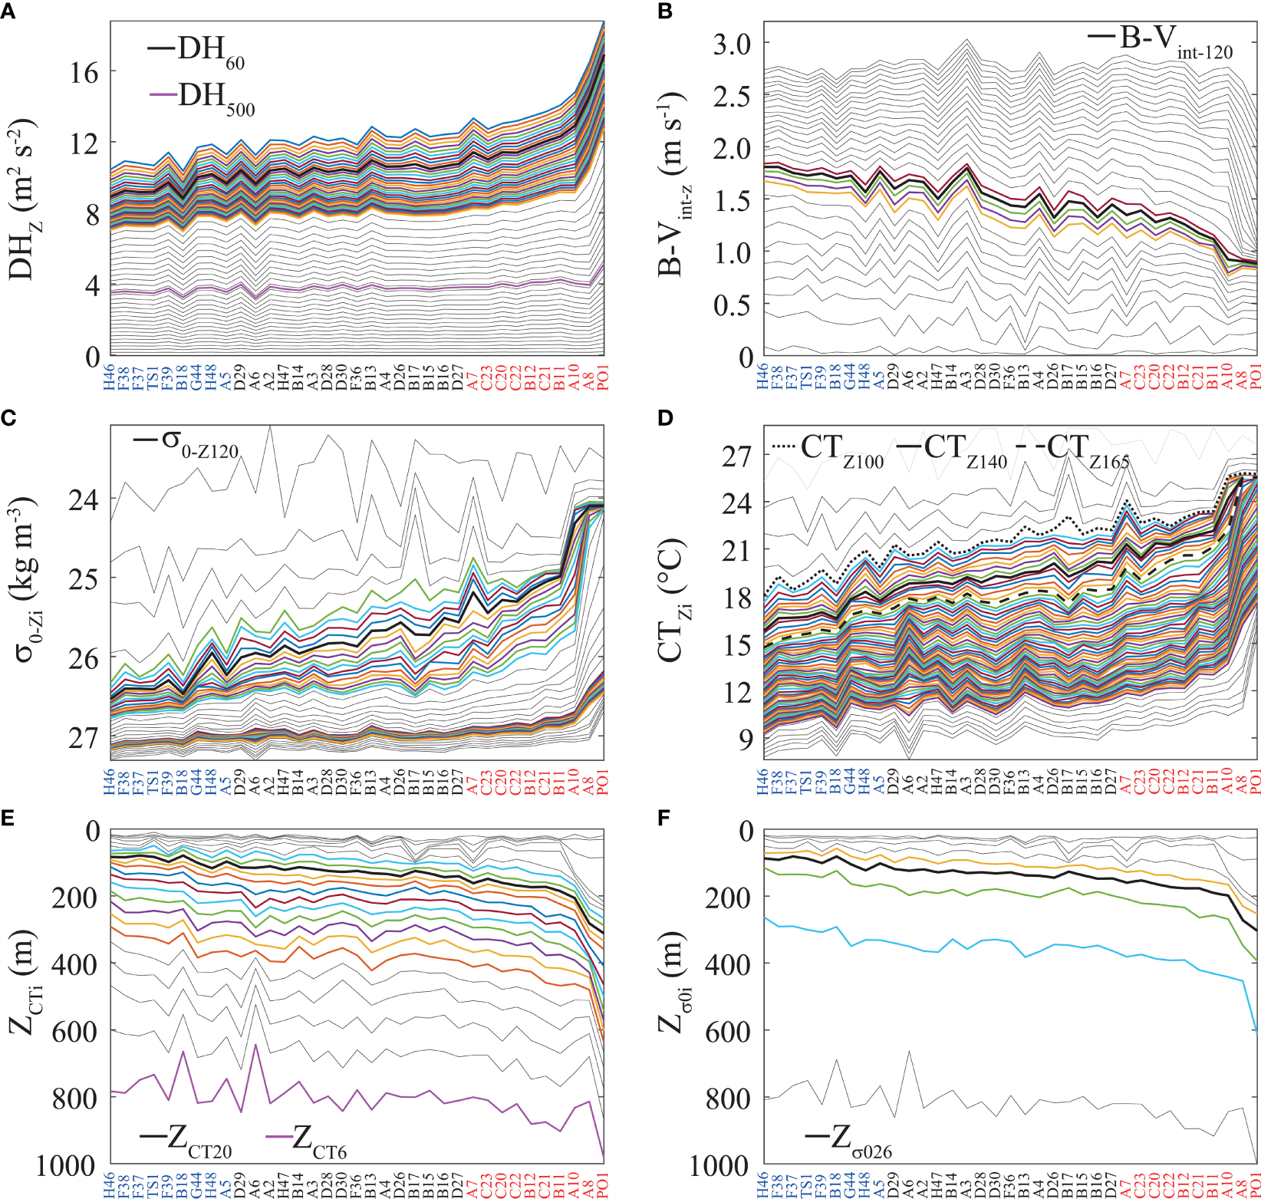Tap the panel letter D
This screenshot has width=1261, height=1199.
coord(664,417)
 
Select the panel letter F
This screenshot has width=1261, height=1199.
coord(664,819)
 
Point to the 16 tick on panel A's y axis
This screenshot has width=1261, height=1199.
coord(84,73)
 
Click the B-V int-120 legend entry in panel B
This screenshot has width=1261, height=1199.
coord(1160,40)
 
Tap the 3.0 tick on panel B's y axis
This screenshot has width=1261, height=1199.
coord(732,44)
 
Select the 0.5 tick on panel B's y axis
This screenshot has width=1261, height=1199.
coord(732,305)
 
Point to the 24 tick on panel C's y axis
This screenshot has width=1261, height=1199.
coord(84,499)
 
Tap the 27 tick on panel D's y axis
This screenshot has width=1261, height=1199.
coord(736,456)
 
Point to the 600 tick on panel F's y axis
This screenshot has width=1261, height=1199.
coord(727,1032)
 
